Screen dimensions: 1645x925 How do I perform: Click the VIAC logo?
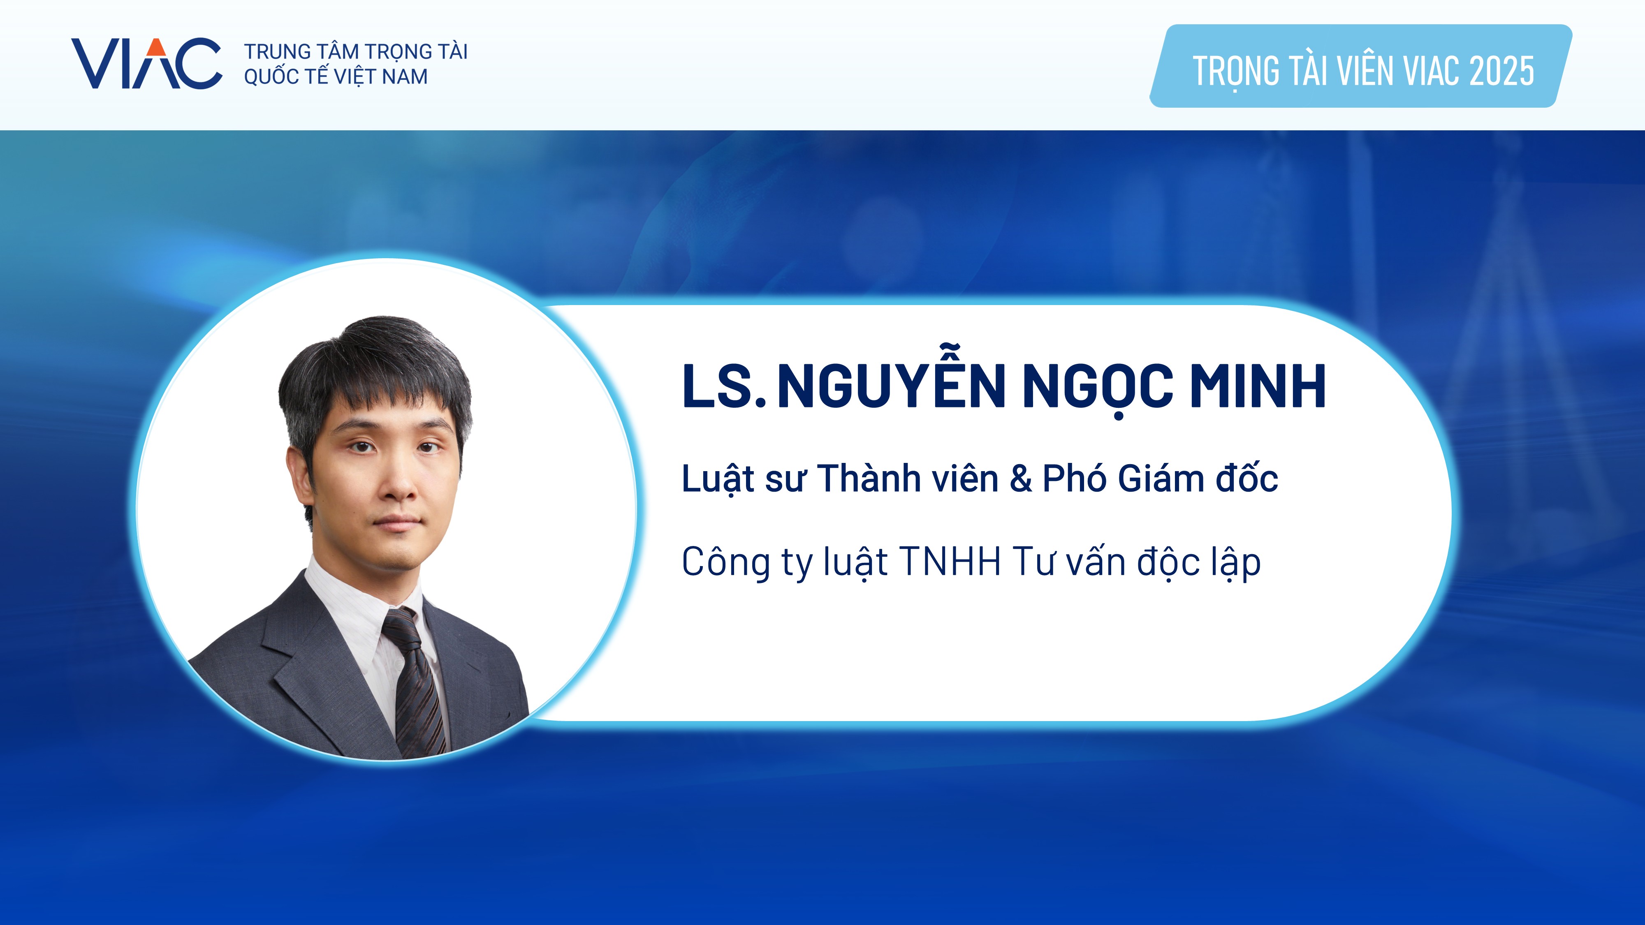coord(146,63)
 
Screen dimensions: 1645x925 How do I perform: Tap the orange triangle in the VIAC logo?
coord(156,47)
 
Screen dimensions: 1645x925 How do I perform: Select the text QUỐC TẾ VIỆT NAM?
coord(336,76)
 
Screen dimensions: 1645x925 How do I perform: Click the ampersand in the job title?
coord(1020,479)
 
